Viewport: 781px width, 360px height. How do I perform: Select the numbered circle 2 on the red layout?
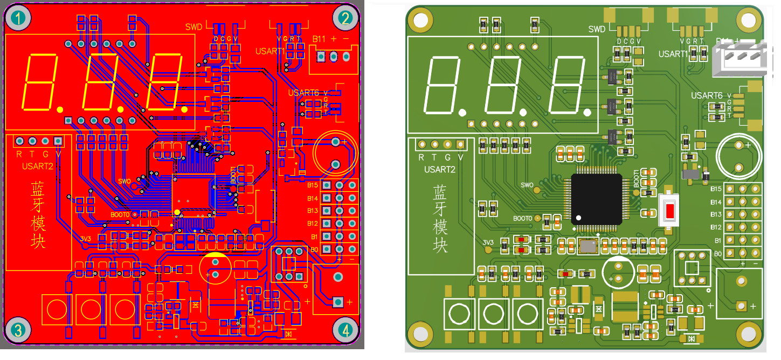tap(345, 19)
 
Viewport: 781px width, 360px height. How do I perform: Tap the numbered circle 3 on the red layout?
tap(18, 329)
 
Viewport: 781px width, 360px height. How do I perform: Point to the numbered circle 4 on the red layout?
tap(345, 329)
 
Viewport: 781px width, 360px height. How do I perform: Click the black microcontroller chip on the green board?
tap(596, 198)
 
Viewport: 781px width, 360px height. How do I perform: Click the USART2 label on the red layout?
tap(38, 166)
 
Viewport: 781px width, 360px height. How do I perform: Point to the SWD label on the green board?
tap(597, 29)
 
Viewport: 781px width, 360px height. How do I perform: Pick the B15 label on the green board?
tap(715, 189)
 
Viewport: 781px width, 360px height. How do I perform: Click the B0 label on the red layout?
tap(314, 250)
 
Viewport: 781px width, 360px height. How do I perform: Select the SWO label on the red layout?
tap(125, 181)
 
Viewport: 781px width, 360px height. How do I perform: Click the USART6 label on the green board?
tap(707, 95)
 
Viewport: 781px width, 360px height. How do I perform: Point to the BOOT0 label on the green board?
tap(522, 218)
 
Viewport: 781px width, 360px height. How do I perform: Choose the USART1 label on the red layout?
tap(270, 51)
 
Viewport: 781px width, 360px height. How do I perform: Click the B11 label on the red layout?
tap(319, 39)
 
